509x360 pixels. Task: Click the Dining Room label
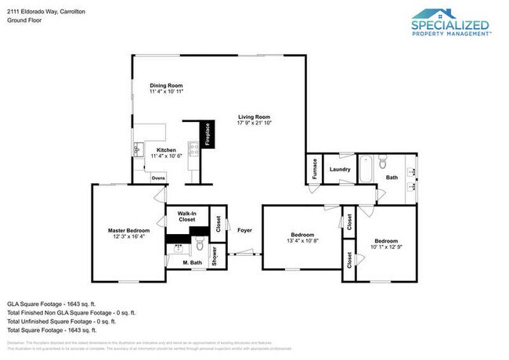pos(165,85)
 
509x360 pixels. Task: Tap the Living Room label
pos(254,117)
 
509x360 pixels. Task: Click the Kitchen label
pos(166,150)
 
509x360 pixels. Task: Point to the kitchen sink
pos(138,149)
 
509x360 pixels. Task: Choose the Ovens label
pos(158,178)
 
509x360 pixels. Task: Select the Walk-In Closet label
pos(186,216)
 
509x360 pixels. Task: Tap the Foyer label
pos(244,230)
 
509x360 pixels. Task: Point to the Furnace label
pos(314,171)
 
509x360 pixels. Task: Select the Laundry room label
pos(339,169)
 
